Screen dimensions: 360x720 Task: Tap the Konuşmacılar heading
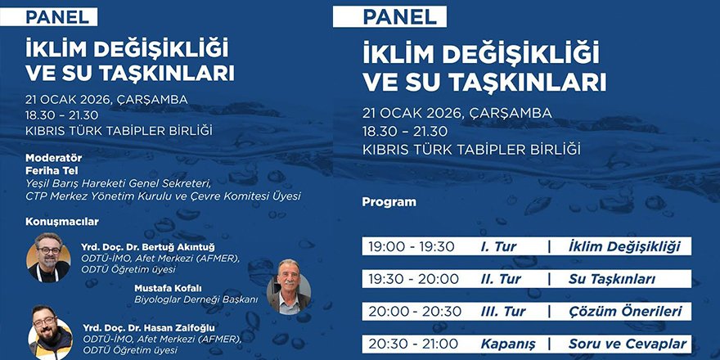tap(62, 221)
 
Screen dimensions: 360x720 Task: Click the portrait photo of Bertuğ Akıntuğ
tap(48, 257)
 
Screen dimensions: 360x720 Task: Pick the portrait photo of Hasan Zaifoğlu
tap(51, 331)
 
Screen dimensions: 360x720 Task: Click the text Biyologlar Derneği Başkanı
tap(196, 299)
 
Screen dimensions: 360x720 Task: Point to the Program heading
tap(389, 201)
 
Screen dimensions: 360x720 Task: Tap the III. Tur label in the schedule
tap(501, 311)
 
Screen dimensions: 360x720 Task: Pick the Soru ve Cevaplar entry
tap(628, 344)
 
